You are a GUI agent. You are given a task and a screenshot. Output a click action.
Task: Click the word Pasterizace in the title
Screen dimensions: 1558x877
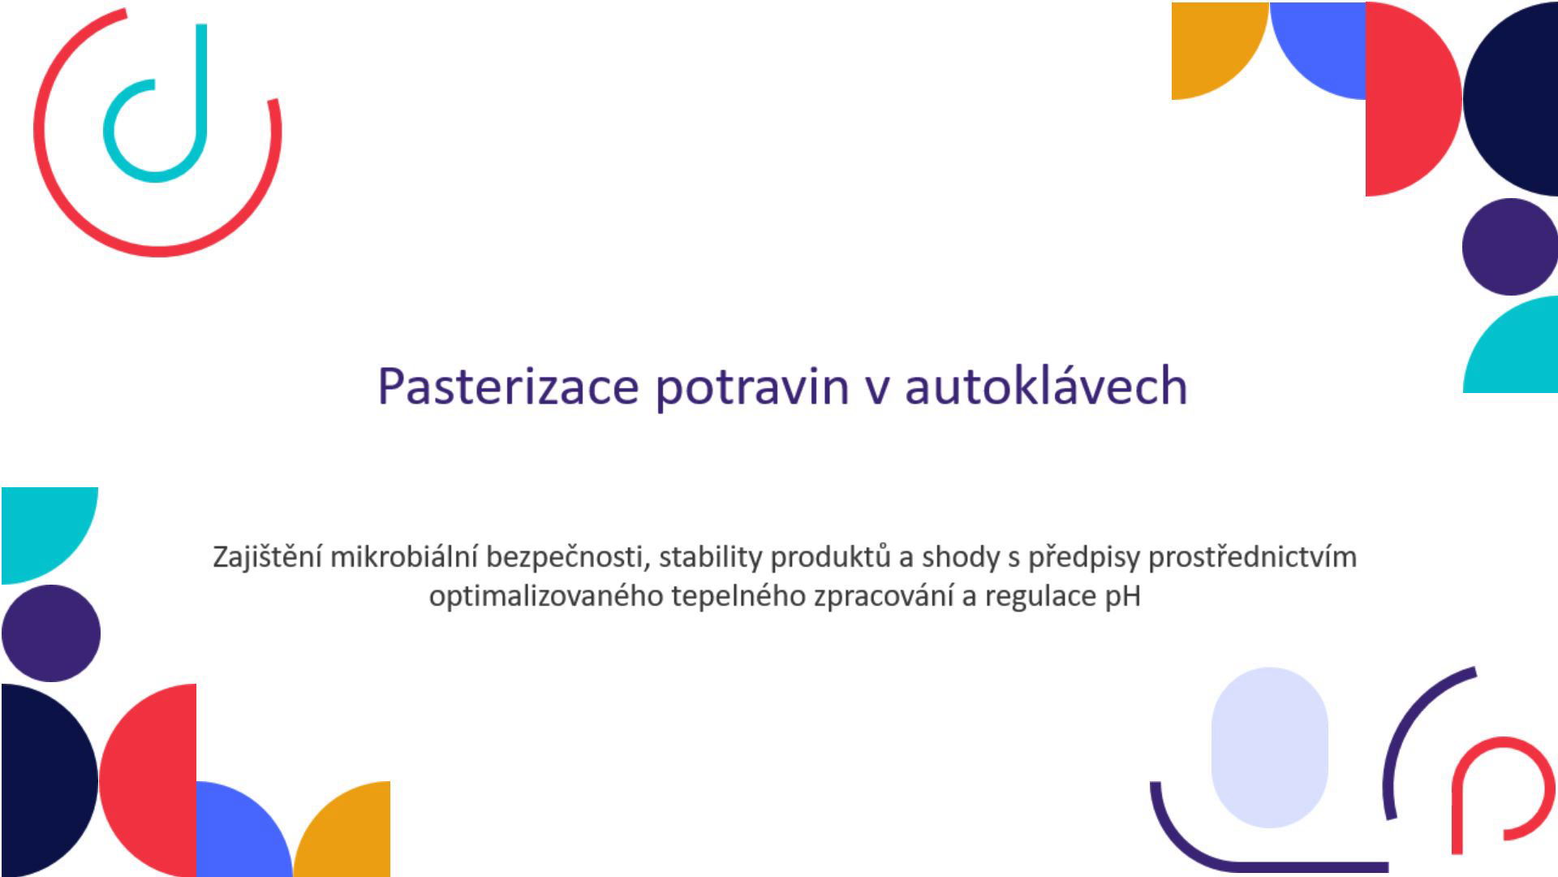[x=508, y=386]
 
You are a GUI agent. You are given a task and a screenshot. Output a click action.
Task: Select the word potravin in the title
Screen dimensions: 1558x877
[x=751, y=387]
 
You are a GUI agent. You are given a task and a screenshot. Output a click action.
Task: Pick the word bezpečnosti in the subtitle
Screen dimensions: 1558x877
[x=567, y=558]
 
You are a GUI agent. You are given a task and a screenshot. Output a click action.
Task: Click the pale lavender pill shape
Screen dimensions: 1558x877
[x=1269, y=748]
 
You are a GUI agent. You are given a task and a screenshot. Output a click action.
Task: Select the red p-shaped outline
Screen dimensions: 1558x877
[x=1457, y=804]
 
